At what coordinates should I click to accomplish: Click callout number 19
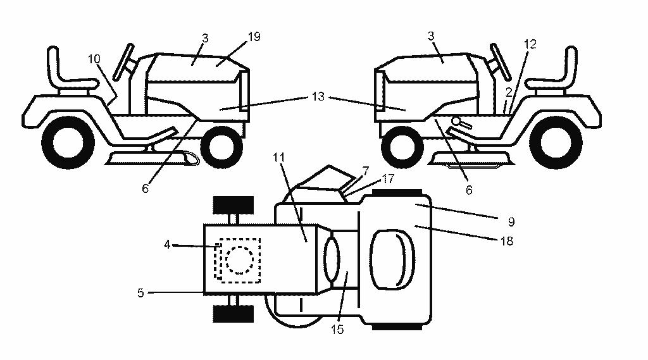click(x=254, y=37)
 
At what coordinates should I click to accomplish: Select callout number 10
click(x=94, y=59)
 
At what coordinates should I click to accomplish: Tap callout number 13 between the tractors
click(x=318, y=97)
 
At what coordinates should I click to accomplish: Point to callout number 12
click(x=530, y=44)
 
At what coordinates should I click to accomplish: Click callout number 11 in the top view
click(x=279, y=158)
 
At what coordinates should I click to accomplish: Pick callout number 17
click(x=388, y=178)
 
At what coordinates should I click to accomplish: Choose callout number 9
click(x=511, y=222)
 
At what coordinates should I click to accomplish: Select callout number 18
click(x=507, y=241)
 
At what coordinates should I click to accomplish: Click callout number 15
click(x=337, y=330)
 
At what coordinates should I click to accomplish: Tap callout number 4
click(x=167, y=245)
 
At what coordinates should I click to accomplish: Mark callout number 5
click(x=140, y=293)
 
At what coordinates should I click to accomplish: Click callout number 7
click(x=365, y=171)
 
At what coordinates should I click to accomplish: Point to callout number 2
click(x=509, y=92)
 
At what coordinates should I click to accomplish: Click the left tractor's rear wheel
click(x=68, y=142)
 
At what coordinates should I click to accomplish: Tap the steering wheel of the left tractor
click(x=124, y=61)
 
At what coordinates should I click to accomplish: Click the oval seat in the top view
click(x=392, y=259)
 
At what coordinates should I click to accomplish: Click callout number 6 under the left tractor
click(x=145, y=189)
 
